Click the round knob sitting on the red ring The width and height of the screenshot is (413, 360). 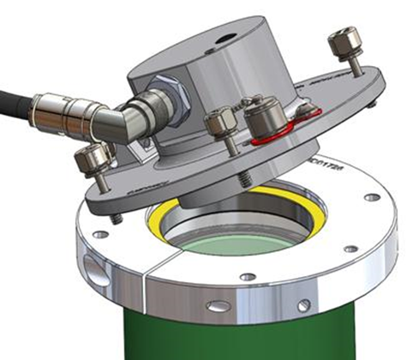[x=262, y=116]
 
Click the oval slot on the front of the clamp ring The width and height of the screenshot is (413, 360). [x=218, y=306]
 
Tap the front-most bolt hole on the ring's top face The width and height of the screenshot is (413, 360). [x=248, y=276]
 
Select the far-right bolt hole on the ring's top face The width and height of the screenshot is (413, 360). [x=371, y=197]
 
